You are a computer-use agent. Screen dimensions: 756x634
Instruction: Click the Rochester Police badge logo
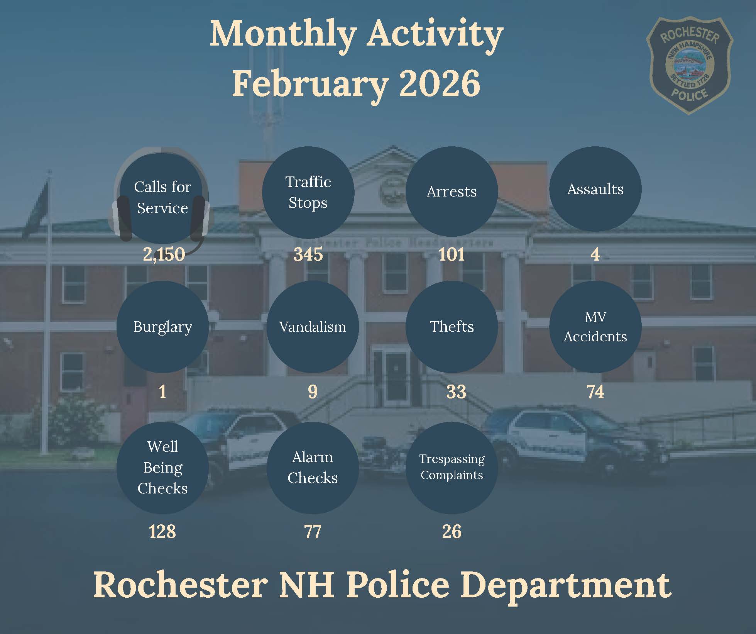pyautogui.click(x=690, y=65)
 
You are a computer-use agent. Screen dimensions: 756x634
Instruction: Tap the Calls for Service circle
pyautogui.click(x=162, y=197)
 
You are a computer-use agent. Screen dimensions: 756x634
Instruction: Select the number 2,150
pyautogui.click(x=164, y=254)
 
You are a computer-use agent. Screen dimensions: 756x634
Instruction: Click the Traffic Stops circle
pyautogui.click(x=308, y=192)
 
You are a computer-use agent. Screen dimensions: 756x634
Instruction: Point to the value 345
pyautogui.click(x=308, y=254)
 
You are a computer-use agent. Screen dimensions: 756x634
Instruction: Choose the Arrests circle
pyautogui.click(x=452, y=192)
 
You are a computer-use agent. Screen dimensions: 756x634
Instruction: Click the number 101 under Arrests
pyautogui.click(x=452, y=254)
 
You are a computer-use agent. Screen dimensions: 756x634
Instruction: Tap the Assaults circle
pyautogui.click(x=595, y=189)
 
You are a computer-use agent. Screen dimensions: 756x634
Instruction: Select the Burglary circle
pyautogui.click(x=162, y=327)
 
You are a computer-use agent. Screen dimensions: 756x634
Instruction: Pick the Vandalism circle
pyautogui.click(x=313, y=327)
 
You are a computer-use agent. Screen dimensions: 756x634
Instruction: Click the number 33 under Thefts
pyautogui.click(x=456, y=392)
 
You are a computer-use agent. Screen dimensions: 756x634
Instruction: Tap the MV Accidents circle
pyautogui.click(x=595, y=327)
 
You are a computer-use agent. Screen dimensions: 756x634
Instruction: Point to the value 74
pyautogui.click(x=595, y=392)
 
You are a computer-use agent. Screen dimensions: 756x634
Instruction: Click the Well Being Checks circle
pyautogui.click(x=162, y=468)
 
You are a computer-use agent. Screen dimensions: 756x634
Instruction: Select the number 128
pyautogui.click(x=162, y=532)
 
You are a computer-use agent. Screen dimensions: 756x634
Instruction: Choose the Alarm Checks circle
pyautogui.click(x=313, y=468)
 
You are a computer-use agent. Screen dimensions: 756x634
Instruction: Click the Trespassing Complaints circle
pyautogui.click(x=452, y=468)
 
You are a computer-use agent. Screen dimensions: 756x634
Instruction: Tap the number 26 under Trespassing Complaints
pyautogui.click(x=452, y=532)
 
